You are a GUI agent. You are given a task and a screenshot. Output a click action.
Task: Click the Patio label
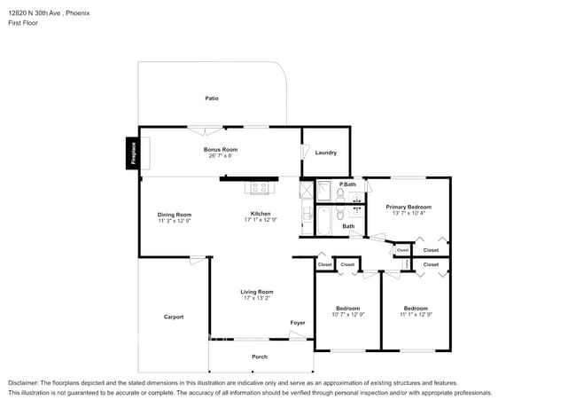click(x=212, y=98)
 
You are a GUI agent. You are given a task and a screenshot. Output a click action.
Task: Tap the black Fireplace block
click(x=133, y=153)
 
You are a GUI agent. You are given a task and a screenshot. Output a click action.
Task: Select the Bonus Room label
click(x=221, y=149)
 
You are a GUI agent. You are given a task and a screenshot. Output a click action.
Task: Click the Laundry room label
click(x=326, y=153)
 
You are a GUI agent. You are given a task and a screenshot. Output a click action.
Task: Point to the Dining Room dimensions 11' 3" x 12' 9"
click(x=175, y=221)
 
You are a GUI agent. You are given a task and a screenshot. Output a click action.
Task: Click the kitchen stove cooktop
click(x=260, y=187)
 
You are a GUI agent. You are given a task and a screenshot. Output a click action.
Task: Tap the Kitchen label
click(x=261, y=214)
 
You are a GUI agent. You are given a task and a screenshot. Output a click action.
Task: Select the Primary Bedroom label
click(x=409, y=207)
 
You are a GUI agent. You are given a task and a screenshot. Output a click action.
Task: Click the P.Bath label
click(x=347, y=184)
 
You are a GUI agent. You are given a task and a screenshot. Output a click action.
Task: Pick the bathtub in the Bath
click(x=324, y=221)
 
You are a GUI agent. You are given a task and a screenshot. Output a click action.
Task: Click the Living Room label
click(x=257, y=292)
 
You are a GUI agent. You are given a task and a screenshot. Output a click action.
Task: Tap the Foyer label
click(x=298, y=322)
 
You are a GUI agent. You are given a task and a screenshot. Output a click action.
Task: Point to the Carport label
click(x=174, y=317)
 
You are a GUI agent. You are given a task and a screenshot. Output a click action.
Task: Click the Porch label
click(x=260, y=357)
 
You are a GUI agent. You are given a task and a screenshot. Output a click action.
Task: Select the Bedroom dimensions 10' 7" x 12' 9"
click(x=348, y=315)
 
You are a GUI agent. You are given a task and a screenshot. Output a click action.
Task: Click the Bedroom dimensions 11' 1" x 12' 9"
click(x=416, y=315)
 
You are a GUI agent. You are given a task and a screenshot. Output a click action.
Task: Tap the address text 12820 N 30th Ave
click(x=35, y=13)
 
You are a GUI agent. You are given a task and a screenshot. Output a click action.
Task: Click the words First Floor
click(x=23, y=23)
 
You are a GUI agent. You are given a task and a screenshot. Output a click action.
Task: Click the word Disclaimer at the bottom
click(x=23, y=383)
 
